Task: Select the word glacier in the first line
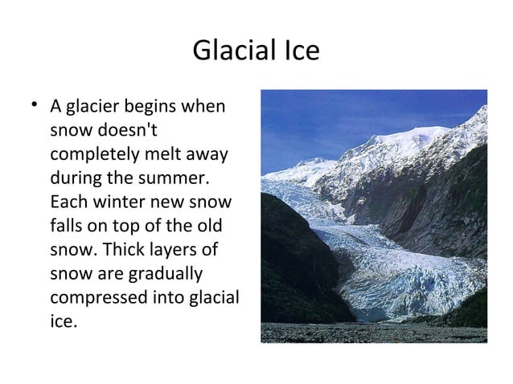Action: point(92,107)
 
